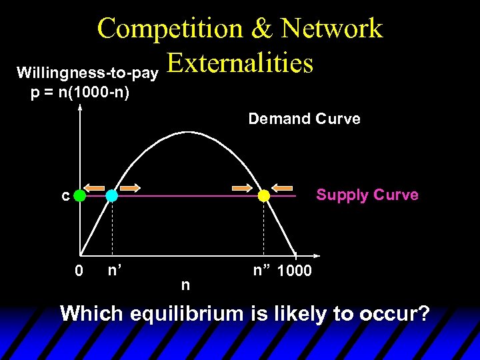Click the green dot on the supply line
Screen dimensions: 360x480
tap(80, 196)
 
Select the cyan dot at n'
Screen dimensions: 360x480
tap(111, 196)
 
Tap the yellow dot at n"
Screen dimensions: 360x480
tap(264, 196)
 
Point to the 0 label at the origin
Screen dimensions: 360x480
tap(79, 271)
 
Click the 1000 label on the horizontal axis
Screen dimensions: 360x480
tap(293, 271)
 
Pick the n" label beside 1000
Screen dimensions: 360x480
tap(262, 270)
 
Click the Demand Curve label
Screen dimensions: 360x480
tap(304, 119)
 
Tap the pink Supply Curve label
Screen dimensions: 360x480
tap(367, 195)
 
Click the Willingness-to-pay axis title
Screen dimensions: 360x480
tap(87, 71)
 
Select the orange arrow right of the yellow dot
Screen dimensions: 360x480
tap(282, 187)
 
